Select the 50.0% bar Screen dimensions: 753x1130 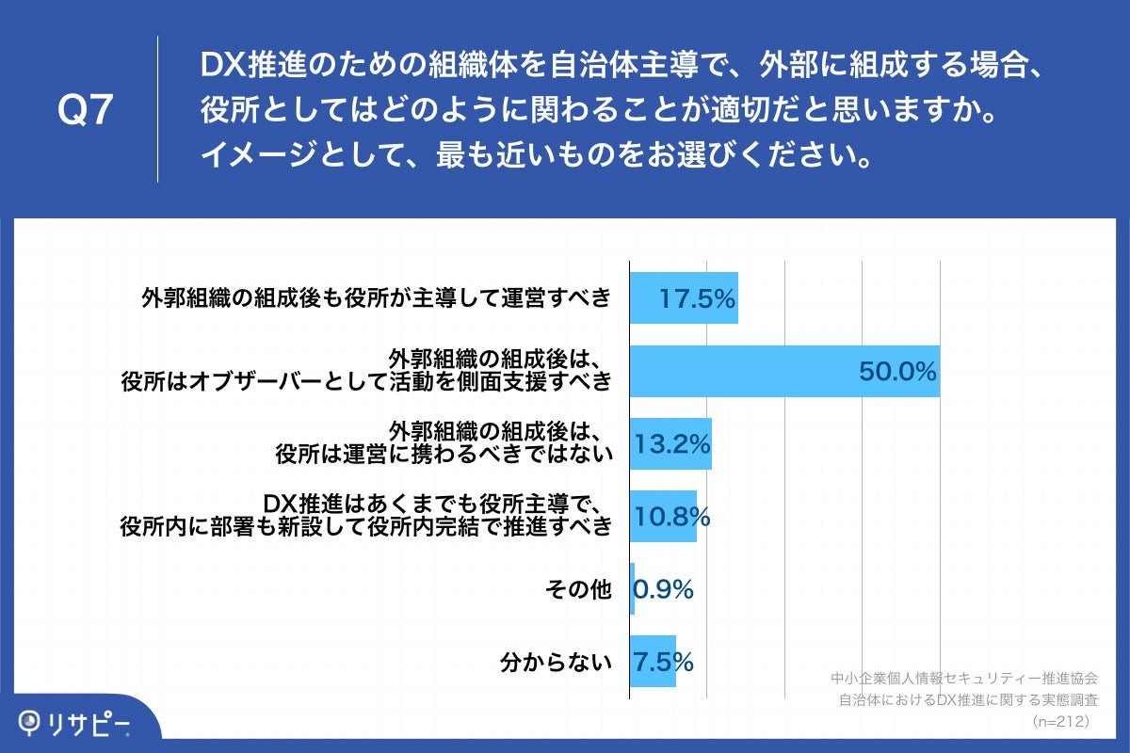pyautogui.click(x=783, y=371)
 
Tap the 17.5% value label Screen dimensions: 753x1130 pyautogui.click(x=696, y=298)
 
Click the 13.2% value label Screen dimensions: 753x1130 pyautogui.click(x=672, y=444)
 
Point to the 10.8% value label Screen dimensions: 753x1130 pyautogui.click(x=671, y=517)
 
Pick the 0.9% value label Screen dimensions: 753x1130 pyautogui.click(x=664, y=589)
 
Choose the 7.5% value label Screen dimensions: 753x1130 pyautogui.click(x=664, y=662)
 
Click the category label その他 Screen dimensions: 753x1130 pyautogui.click(x=578, y=589)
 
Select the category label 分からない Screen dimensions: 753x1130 pyautogui.click(x=556, y=662)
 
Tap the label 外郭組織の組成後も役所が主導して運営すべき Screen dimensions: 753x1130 pyautogui.click(x=376, y=298)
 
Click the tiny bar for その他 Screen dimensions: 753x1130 pyautogui.click(x=632, y=589)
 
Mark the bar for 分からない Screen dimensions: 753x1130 pyautogui.click(x=653, y=662)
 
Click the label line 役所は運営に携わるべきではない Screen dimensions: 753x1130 pyautogui.click(x=444, y=455)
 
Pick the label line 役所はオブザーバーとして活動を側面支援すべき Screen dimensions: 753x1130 pyautogui.click(x=366, y=381)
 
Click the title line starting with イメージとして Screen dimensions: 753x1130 pyautogui.click(x=534, y=154)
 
